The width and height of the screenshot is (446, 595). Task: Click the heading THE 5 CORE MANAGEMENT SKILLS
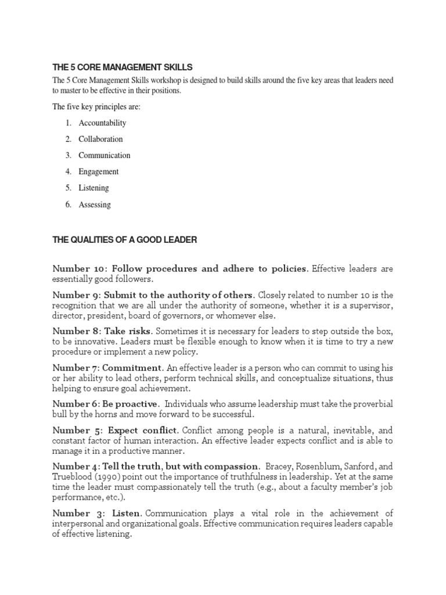[122, 67]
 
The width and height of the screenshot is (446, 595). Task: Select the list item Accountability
[102, 123]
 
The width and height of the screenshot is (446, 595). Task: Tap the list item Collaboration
[100, 139]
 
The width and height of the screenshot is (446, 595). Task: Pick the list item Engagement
[99, 172]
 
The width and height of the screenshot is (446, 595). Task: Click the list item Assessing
[95, 205]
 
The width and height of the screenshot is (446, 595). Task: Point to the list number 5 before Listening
[68, 188]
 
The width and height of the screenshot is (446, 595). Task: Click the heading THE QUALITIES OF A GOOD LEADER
[125, 239]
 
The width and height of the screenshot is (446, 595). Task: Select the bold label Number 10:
[80, 268]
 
